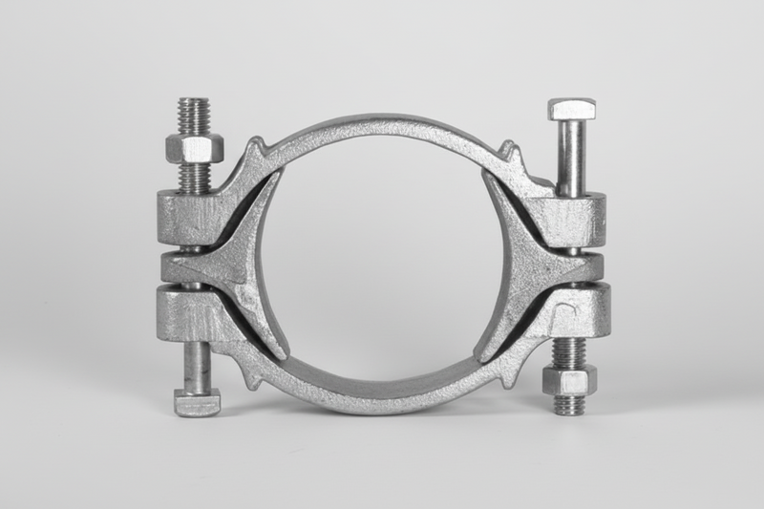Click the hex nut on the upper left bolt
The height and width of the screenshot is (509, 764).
click(194, 148)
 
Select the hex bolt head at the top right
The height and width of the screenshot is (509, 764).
click(571, 109)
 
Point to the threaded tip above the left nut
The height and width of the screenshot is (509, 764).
click(194, 115)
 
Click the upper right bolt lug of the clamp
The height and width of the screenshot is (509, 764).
click(573, 217)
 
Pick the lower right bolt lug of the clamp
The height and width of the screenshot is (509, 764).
click(573, 310)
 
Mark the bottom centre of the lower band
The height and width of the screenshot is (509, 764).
click(382, 400)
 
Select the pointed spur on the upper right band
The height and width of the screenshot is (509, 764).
click(509, 151)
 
